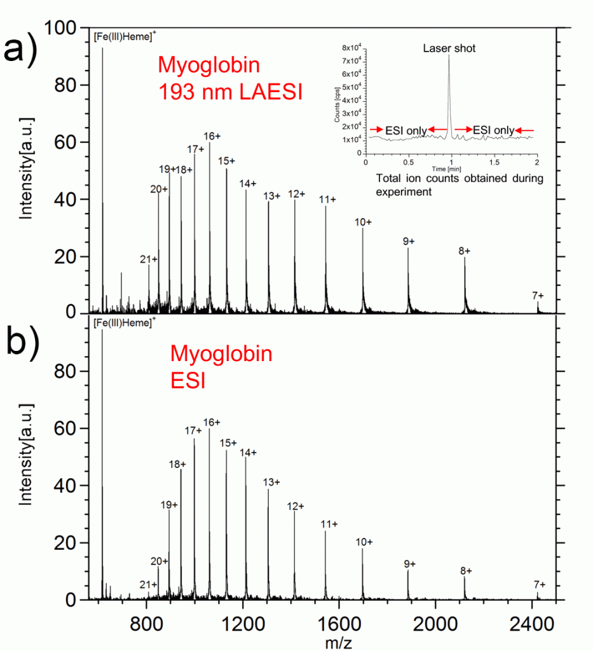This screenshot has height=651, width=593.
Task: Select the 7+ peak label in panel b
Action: pos(538,584)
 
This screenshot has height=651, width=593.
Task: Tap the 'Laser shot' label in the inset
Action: pos(449,48)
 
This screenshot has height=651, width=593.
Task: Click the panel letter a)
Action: pos(21,50)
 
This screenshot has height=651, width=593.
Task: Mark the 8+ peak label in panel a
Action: pos(465,251)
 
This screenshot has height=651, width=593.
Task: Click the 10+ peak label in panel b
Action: pos(364,542)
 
